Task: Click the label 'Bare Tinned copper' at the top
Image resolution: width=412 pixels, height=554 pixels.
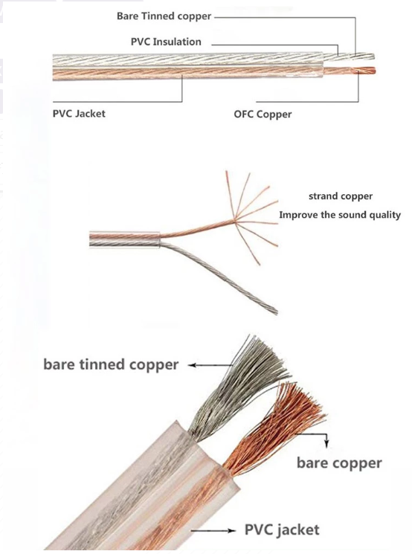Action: [x=164, y=16]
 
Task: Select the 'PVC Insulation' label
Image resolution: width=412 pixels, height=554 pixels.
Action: [x=166, y=42]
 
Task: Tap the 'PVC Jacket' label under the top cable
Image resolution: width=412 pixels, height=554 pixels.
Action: [x=79, y=114]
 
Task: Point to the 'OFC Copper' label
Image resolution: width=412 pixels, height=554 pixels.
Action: [x=263, y=115]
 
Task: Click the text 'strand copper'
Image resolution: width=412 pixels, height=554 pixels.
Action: [x=341, y=196]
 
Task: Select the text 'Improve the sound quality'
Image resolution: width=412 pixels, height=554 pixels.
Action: [x=340, y=215]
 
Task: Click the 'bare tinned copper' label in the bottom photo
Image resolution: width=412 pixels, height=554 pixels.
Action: [x=111, y=364]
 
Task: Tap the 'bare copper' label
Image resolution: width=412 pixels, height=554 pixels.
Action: [x=339, y=463]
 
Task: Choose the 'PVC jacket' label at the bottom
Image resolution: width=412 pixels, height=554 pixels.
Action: [x=282, y=529]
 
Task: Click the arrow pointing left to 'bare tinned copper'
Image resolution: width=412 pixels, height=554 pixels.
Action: [x=210, y=365]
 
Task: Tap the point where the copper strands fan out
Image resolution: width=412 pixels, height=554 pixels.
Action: [x=234, y=221]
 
